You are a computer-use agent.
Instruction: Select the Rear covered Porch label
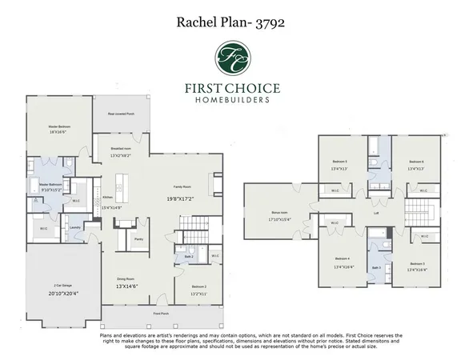120,113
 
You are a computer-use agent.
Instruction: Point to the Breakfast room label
120,149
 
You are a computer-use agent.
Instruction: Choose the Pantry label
138,238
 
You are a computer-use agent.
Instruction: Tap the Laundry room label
76,226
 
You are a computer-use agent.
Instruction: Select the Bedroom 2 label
199,286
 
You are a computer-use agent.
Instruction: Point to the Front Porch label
160,314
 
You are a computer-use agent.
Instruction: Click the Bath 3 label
376,267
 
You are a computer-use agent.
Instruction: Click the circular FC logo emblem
232,58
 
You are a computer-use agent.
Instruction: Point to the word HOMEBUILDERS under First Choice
232,101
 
